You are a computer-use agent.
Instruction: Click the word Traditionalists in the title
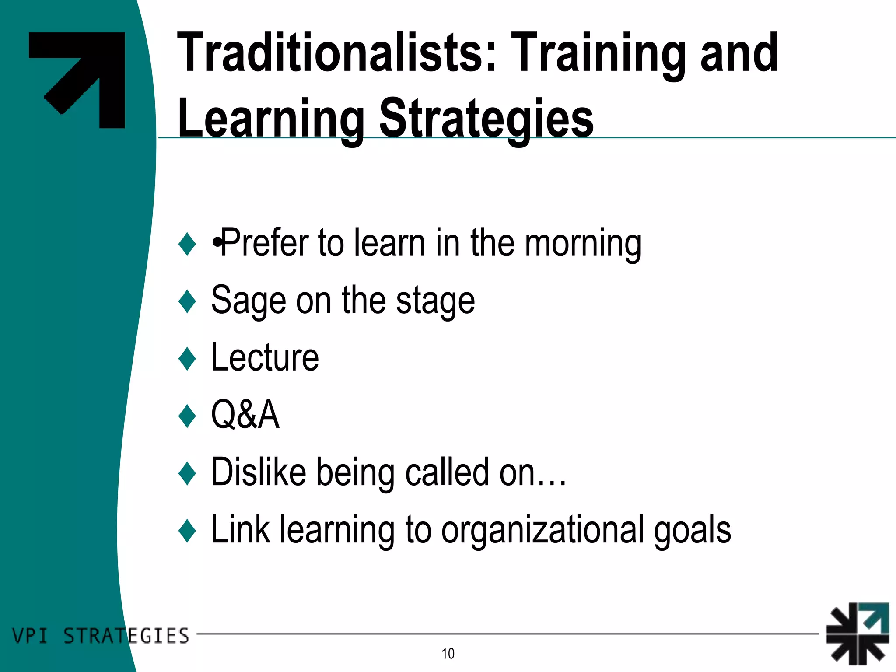[x=337, y=53]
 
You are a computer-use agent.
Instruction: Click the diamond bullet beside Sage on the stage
[x=187, y=301]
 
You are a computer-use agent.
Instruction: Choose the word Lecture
[x=265, y=358]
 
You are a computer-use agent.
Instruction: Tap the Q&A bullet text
[x=245, y=415]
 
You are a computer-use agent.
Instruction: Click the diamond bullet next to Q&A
[x=187, y=416]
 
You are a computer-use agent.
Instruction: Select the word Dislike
[x=259, y=472]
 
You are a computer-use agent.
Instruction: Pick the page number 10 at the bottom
[x=448, y=654]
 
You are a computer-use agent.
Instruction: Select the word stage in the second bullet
[x=435, y=301]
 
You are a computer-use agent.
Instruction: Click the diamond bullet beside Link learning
[x=187, y=530]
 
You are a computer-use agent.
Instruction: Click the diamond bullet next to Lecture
[x=187, y=359]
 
